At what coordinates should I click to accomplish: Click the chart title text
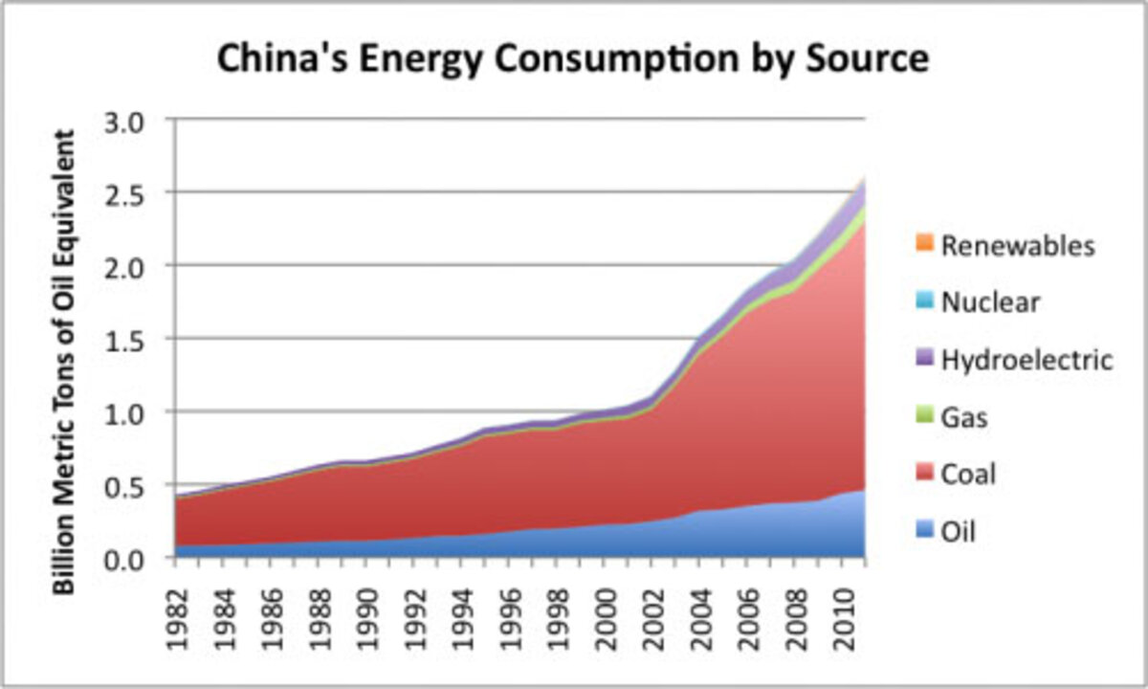[x=572, y=59]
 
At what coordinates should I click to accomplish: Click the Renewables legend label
[x=1017, y=246]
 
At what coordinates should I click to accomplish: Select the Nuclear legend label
[x=990, y=303]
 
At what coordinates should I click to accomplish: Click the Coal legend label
[x=968, y=475]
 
